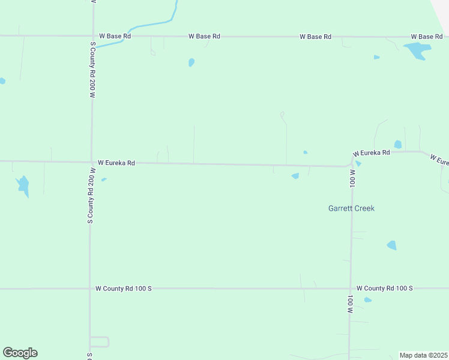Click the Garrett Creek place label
tap(351, 208)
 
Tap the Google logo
tap(20, 353)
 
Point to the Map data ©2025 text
tap(423, 355)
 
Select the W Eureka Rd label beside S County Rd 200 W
tap(116, 163)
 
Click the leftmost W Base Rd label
tap(115, 36)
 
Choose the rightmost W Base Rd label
tap(426, 37)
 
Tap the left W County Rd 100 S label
tap(124, 289)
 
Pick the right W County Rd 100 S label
tap(385, 289)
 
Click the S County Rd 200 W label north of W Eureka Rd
tap(93, 70)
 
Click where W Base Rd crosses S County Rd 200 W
tap(92, 36)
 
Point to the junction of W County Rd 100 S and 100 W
tap(351, 289)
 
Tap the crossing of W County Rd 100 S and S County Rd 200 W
tap(90, 289)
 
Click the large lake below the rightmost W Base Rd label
tap(416, 50)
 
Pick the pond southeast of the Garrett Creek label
tap(392, 245)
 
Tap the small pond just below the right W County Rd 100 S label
tap(368, 299)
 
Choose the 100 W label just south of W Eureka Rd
tap(353, 177)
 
